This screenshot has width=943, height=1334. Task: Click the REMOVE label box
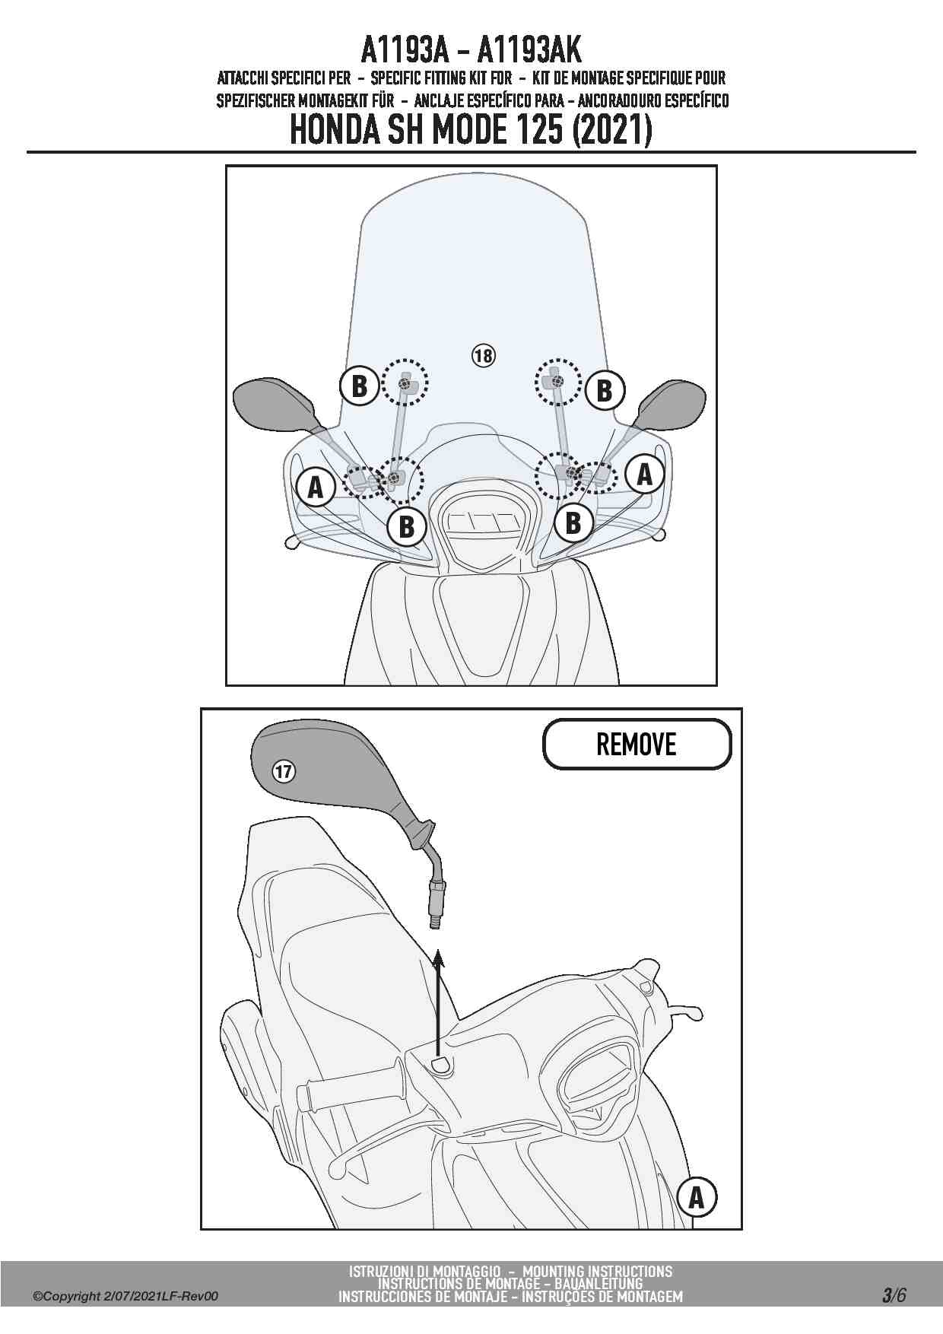tap(637, 744)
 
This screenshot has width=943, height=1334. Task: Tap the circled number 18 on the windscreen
tap(484, 354)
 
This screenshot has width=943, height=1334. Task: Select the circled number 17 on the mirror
tap(284, 772)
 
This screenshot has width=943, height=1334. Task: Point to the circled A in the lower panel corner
tap(697, 1198)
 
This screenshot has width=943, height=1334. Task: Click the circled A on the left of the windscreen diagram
tap(316, 487)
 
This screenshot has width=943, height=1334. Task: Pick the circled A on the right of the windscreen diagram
tap(644, 475)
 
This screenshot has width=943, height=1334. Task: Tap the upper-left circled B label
tap(359, 386)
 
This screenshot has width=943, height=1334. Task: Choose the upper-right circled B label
tap(605, 390)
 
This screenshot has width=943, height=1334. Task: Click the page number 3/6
tap(894, 1295)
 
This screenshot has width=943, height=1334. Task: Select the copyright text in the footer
tap(125, 1297)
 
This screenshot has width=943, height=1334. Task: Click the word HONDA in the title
tap(335, 131)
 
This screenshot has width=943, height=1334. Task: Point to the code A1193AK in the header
tap(529, 52)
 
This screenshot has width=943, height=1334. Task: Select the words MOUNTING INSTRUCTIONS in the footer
tap(598, 1271)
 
